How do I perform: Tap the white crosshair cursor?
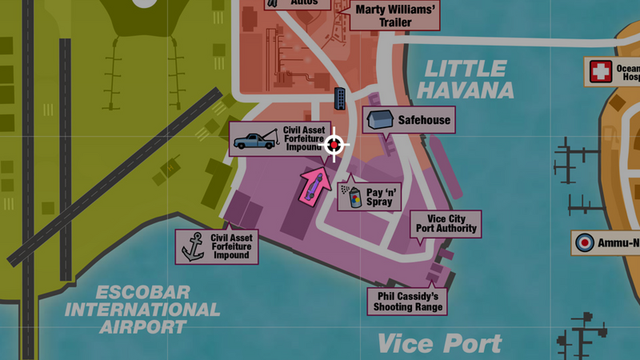pyautogui.click(x=335, y=145)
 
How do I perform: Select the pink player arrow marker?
pyautogui.click(x=314, y=185)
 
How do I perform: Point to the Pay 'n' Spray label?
pyautogui.click(x=380, y=197)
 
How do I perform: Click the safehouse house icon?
pyautogui.click(x=379, y=120)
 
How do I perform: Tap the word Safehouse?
pyautogui.click(x=424, y=121)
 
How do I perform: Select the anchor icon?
pyautogui.click(x=193, y=247)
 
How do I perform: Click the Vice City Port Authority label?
pyautogui.click(x=446, y=223)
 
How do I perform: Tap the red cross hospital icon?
pyautogui.click(x=600, y=73)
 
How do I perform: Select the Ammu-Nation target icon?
pyautogui.click(x=586, y=242)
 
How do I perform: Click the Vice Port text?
pyautogui.click(x=439, y=343)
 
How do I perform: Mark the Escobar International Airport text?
pyautogui.click(x=144, y=309)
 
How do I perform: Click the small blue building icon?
pyautogui.click(x=340, y=98)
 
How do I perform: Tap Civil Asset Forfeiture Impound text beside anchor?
pyautogui.click(x=231, y=247)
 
